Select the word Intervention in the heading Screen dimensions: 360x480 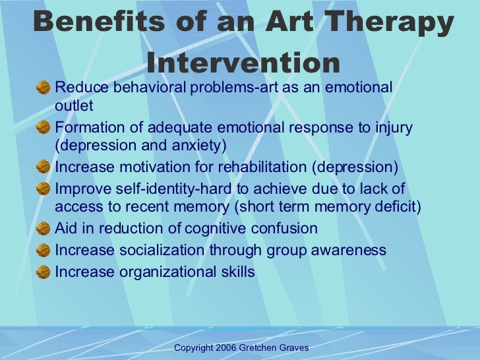(243, 63)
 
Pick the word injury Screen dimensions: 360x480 (393, 127)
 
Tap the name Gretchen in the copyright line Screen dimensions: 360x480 (264, 347)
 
